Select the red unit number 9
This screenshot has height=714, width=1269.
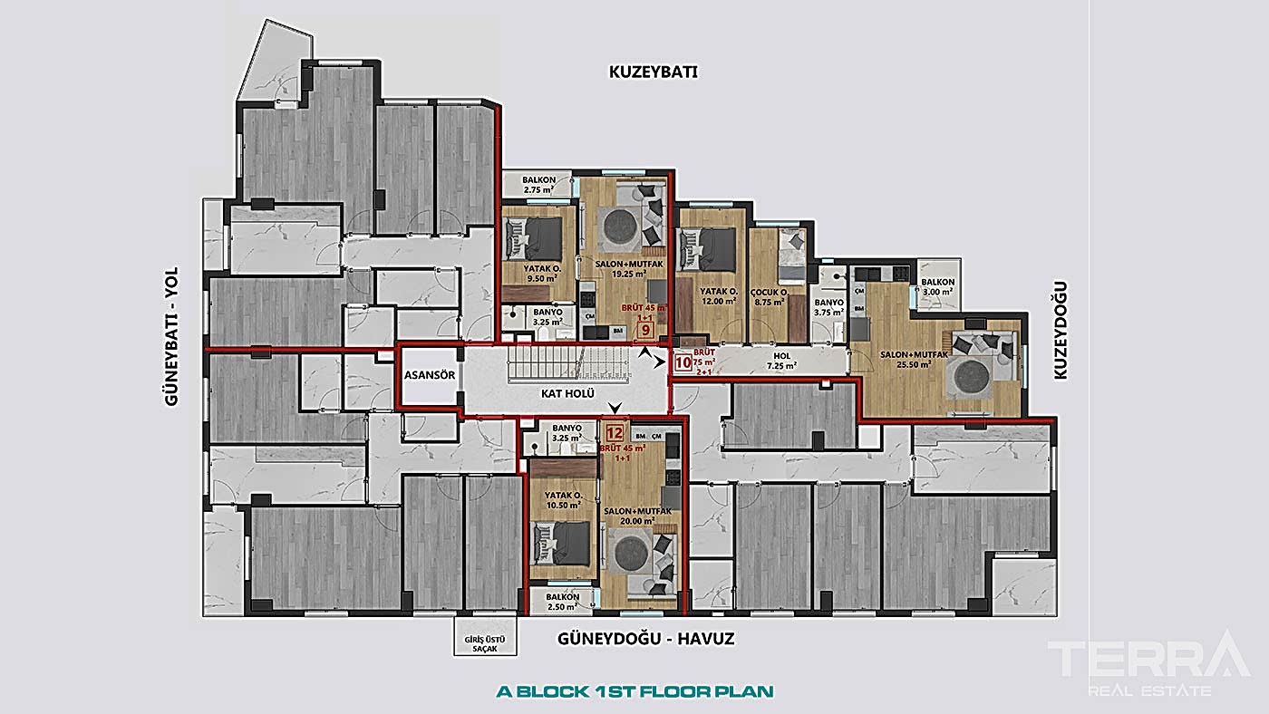(645, 331)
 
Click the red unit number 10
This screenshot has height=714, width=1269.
(683, 364)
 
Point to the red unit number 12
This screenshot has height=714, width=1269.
(615, 433)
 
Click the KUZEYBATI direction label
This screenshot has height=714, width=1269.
(652, 73)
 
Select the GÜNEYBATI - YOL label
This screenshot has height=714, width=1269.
(175, 336)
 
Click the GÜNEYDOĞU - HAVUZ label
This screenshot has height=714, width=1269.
(644, 639)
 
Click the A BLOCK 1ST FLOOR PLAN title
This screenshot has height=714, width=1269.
(635, 691)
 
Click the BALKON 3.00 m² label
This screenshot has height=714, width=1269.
(939, 287)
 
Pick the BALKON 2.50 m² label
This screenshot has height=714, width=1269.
(563, 602)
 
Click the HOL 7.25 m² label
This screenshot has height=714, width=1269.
(781, 361)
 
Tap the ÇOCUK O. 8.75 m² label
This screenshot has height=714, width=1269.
(771, 300)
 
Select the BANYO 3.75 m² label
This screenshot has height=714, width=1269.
(829, 307)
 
